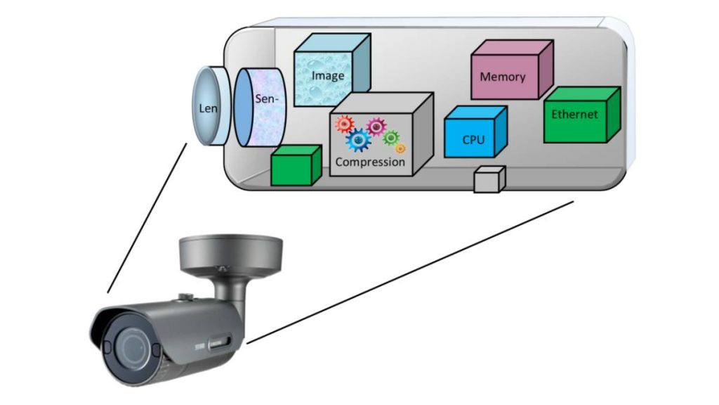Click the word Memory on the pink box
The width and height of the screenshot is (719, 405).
pos(503,77)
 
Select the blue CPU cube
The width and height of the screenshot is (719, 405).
pos(475,131)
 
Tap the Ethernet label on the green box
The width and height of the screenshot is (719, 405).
pos(574,115)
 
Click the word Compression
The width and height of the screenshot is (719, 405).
pos(370,162)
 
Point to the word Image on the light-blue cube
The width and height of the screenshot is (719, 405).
pos(328,76)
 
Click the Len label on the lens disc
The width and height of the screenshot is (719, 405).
pos(208,108)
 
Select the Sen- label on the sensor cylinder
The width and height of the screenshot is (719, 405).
pos(266,98)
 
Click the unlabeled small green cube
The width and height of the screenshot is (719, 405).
pos(296,165)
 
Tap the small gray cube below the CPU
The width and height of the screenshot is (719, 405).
pos(489,179)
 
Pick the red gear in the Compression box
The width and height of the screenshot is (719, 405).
pos(344,124)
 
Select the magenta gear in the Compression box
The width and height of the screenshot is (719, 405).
pos(376,127)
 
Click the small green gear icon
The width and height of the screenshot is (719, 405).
pos(390,137)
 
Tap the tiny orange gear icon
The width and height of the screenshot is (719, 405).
pos(400,148)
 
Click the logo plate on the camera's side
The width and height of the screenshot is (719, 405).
pos(219,343)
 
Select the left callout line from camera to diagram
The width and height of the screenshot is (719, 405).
pos(147,218)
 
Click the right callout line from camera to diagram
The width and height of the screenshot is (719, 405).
pos(410,272)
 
